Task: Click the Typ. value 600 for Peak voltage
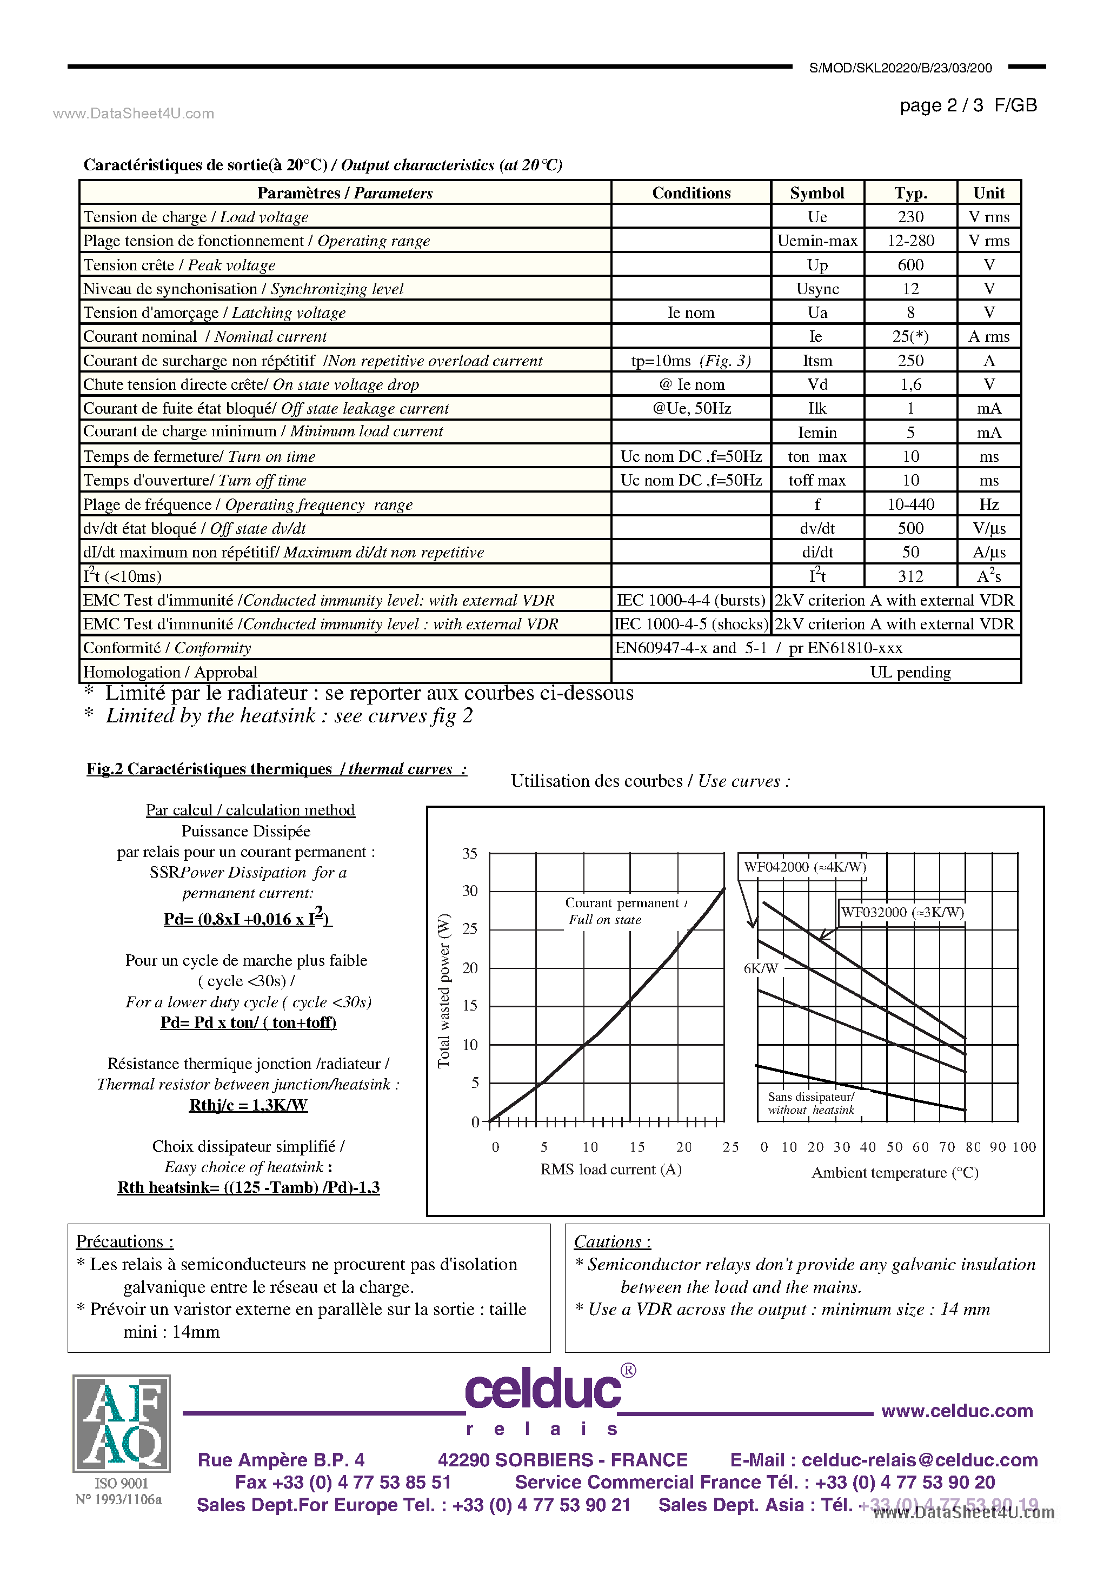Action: (x=910, y=265)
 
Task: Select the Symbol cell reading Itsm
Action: (x=817, y=361)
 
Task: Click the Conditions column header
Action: (x=691, y=193)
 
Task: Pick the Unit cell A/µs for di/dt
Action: (x=988, y=552)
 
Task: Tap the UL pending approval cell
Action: (x=910, y=672)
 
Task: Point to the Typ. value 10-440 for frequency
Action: (x=910, y=504)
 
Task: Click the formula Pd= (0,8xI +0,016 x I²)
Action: (x=247, y=919)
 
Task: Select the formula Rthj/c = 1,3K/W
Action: (x=248, y=1105)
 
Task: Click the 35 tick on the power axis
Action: (x=470, y=853)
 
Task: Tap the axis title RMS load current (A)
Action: (x=610, y=1169)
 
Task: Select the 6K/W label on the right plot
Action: (x=760, y=968)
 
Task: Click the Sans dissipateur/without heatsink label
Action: (x=810, y=1103)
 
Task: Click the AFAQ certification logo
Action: (x=121, y=1423)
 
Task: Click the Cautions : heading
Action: (x=611, y=1241)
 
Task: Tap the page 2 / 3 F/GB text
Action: (x=968, y=105)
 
